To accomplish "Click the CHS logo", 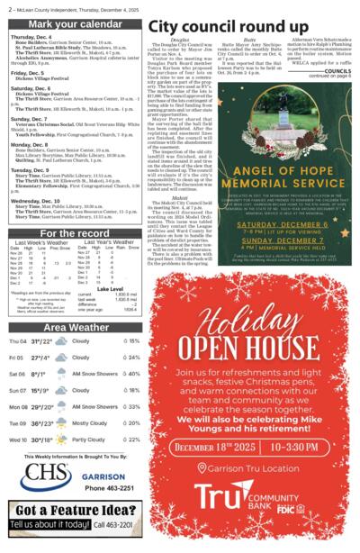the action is click(x=46, y=473).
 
